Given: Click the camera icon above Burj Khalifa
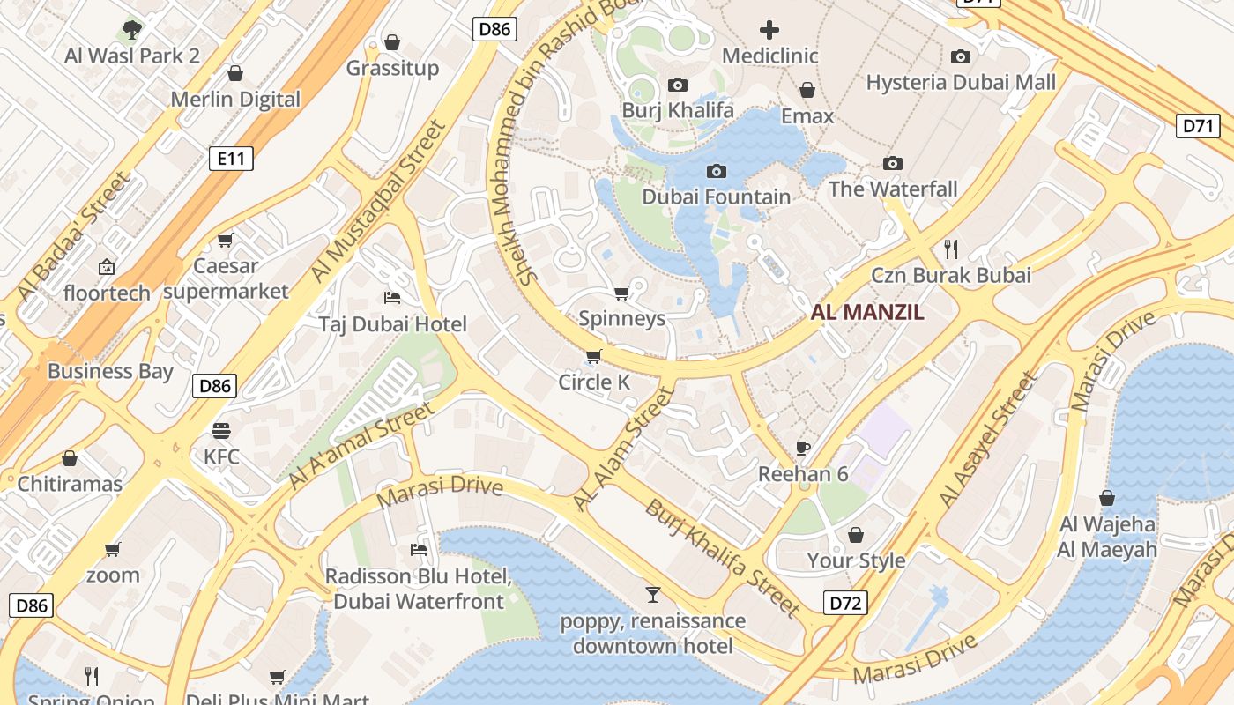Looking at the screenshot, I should pos(677,85).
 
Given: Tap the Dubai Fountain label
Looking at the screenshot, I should pos(716,197).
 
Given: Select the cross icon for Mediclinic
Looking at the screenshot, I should pos(769,30).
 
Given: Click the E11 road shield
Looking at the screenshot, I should pos(231,159).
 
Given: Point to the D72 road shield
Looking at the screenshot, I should pos(845,603).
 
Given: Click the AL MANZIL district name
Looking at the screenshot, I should pos(867,312).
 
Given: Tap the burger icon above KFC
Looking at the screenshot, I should pos(220,431).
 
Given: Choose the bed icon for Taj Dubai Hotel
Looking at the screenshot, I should pos(392,298).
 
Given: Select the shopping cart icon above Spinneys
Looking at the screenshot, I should pos(621,293).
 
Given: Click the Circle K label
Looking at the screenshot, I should pos(594,382).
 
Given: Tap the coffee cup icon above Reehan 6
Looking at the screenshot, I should pos(802,448).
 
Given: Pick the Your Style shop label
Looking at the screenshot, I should pos(856,560).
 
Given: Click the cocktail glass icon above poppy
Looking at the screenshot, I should pos(652,595).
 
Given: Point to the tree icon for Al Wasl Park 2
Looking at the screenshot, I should pos(131,30).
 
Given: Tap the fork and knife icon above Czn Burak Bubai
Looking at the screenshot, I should pos(950,249).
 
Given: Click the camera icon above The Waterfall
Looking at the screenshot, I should pos(892,164).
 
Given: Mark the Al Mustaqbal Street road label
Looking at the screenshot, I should pos(380,202).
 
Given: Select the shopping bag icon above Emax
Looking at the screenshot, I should pos(807,90).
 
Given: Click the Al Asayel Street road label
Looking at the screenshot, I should pos(988,440).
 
